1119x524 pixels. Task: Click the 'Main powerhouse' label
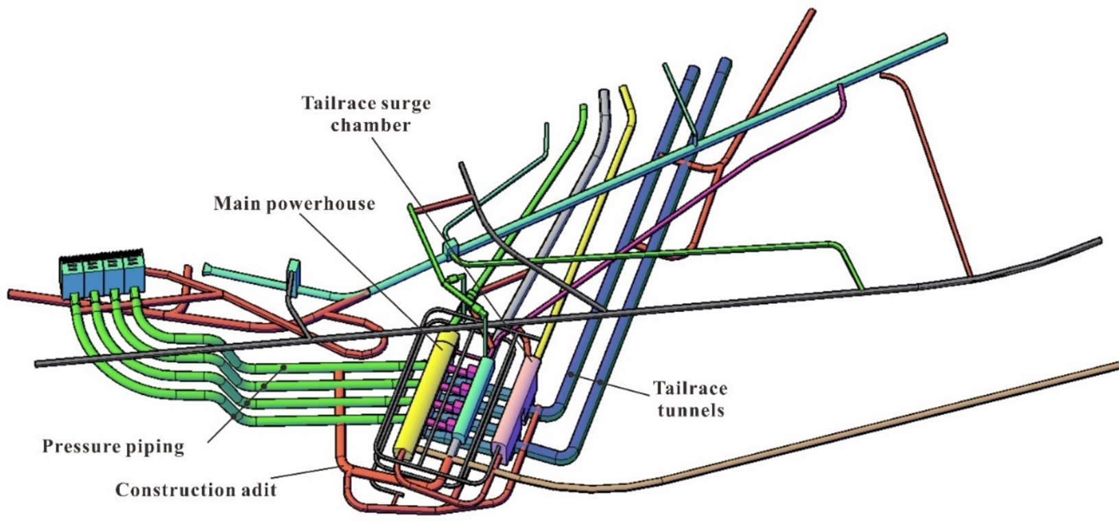coord(294,204)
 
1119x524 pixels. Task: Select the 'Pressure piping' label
coord(113,447)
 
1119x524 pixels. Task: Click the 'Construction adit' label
coord(196,490)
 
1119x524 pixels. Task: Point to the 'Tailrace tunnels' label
coord(690,399)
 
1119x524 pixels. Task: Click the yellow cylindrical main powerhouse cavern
coord(430,391)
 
